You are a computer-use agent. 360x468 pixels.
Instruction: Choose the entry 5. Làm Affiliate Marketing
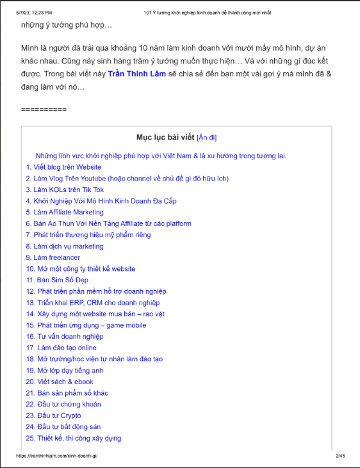click(65, 212)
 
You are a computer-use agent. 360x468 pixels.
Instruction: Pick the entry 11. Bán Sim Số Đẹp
click(58, 280)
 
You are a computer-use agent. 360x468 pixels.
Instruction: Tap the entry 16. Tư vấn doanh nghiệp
click(65, 336)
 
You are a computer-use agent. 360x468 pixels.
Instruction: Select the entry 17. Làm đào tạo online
click(61, 348)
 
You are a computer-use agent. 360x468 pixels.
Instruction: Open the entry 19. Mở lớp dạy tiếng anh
click(65, 370)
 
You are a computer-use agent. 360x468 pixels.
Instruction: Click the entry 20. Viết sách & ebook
click(61, 382)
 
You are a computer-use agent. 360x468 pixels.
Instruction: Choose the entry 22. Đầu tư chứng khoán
click(63, 404)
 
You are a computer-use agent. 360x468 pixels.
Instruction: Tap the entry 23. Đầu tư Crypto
click(54, 416)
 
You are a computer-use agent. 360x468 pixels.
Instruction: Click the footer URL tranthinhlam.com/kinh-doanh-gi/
click(56, 456)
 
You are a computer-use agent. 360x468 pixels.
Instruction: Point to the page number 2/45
click(340, 456)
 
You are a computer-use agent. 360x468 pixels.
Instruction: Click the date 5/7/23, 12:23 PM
click(35, 12)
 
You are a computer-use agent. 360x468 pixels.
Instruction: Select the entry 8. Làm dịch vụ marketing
click(65, 246)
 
